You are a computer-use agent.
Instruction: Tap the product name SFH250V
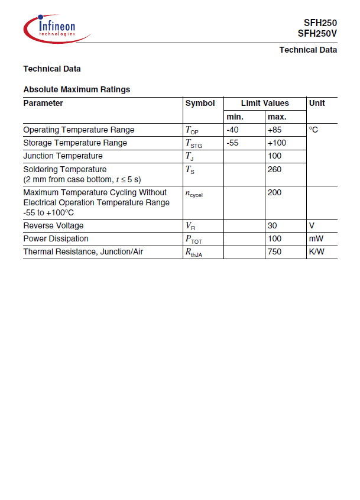pyautogui.click(x=317, y=34)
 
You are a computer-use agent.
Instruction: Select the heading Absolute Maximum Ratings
pyautogui.click(x=76, y=89)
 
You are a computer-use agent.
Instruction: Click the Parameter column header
pyautogui.click(x=43, y=103)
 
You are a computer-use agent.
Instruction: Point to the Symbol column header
pyautogui.click(x=200, y=103)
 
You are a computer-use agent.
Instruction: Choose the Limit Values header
pyautogui.click(x=265, y=103)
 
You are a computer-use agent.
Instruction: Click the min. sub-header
pyautogui.click(x=235, y=117)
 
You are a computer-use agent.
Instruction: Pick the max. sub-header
pyautogui.click(x=277, y=117)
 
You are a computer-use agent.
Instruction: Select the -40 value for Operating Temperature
pyautogui.click(x=232, y=130)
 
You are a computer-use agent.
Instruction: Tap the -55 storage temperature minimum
pyautogui.click(x=232, y=143)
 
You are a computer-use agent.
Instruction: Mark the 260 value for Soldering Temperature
pyautogui.click(x=274, y=169)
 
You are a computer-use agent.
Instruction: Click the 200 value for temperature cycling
pyautogui.click(x=274, y=192)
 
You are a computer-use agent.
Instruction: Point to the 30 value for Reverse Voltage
pyautogui.click(x=272, y=225)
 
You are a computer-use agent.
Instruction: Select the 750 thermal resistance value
pyautogui.click(x=274, y=251)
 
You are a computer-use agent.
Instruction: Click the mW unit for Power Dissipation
pyautogui.click(x=316, y=238)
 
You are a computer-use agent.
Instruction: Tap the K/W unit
pyautogui.click(x=316, y=251)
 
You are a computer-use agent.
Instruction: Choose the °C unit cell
pyautogui.click(x=313, y=130)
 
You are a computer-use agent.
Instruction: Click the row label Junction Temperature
pyautogui.click(x=63, y=156)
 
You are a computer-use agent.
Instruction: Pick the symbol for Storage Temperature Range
pyautogui.click(x=194, y=143)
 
